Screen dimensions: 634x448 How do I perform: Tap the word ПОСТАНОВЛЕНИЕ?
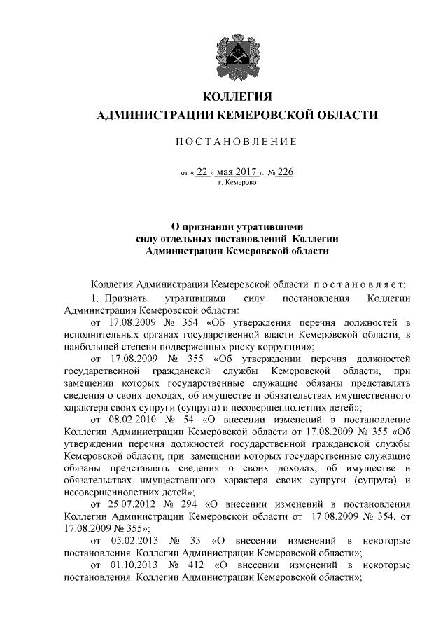[x=236, y=142]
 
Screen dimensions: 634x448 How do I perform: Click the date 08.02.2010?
[x=133, y=419]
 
